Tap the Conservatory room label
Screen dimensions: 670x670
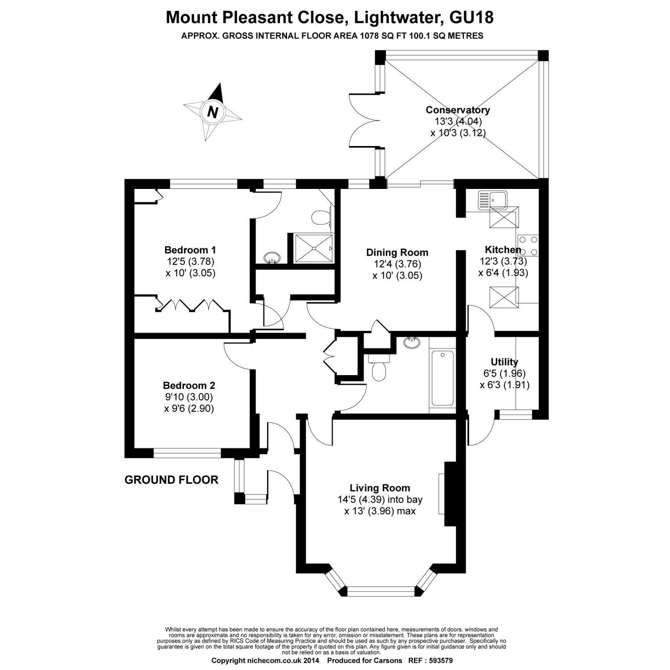[457, 110]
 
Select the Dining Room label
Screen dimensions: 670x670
[397, 252]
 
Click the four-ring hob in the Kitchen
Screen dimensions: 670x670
[528, 245]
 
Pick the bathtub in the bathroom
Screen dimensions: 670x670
[443, 378]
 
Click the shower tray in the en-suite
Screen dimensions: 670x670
[314, 248]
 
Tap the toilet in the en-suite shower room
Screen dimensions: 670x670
[320, 218]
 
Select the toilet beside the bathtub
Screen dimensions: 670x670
[379, 371]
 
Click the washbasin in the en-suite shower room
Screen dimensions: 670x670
[272, 258]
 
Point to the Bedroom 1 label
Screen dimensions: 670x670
[190, 250]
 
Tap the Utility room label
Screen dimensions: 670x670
[504, 362]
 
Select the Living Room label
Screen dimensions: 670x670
[380, 488]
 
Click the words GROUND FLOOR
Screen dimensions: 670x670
[172, 480]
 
